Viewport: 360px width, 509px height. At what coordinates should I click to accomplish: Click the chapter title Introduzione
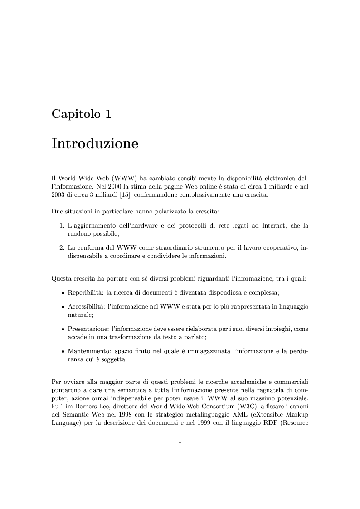[x=95, y=144]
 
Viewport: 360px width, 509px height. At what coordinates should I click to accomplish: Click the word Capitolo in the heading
[x=76, y=114]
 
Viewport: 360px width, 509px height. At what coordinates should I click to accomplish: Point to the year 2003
[x=59, y=195]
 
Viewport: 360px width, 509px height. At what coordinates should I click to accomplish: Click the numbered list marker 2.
[x=62, y=247]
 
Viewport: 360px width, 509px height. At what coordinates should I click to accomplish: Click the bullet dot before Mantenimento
[x=63, y=351]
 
